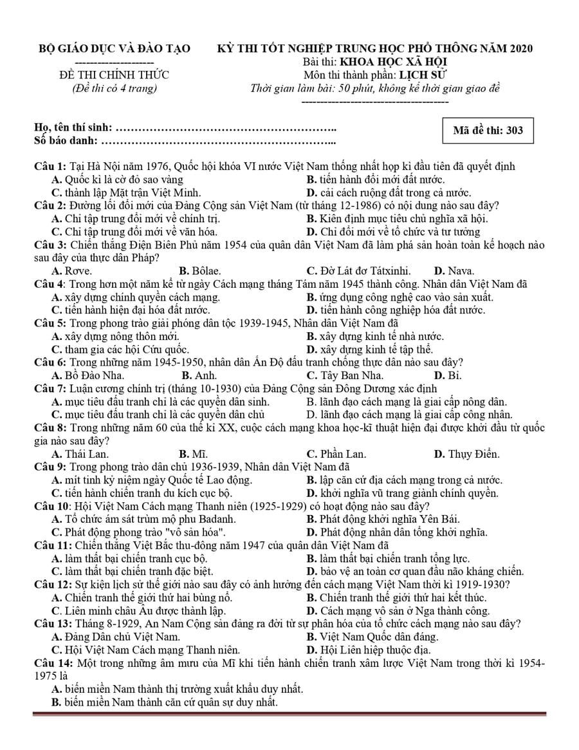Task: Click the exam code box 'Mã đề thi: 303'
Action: tap(488, 131)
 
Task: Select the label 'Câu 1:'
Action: tap(50, 167)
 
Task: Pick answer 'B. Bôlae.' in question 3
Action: tap(200, 271)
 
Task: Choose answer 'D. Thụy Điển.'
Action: tap(466, 454)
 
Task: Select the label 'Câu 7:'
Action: tap(50, 388)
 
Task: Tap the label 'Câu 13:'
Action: tap(53, 623)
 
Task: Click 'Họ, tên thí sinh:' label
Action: tap(73, 127)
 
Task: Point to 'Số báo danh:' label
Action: tap(66, 140)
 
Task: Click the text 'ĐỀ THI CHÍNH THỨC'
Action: tap(115, 75)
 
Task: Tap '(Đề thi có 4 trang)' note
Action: tap(115, 88)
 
